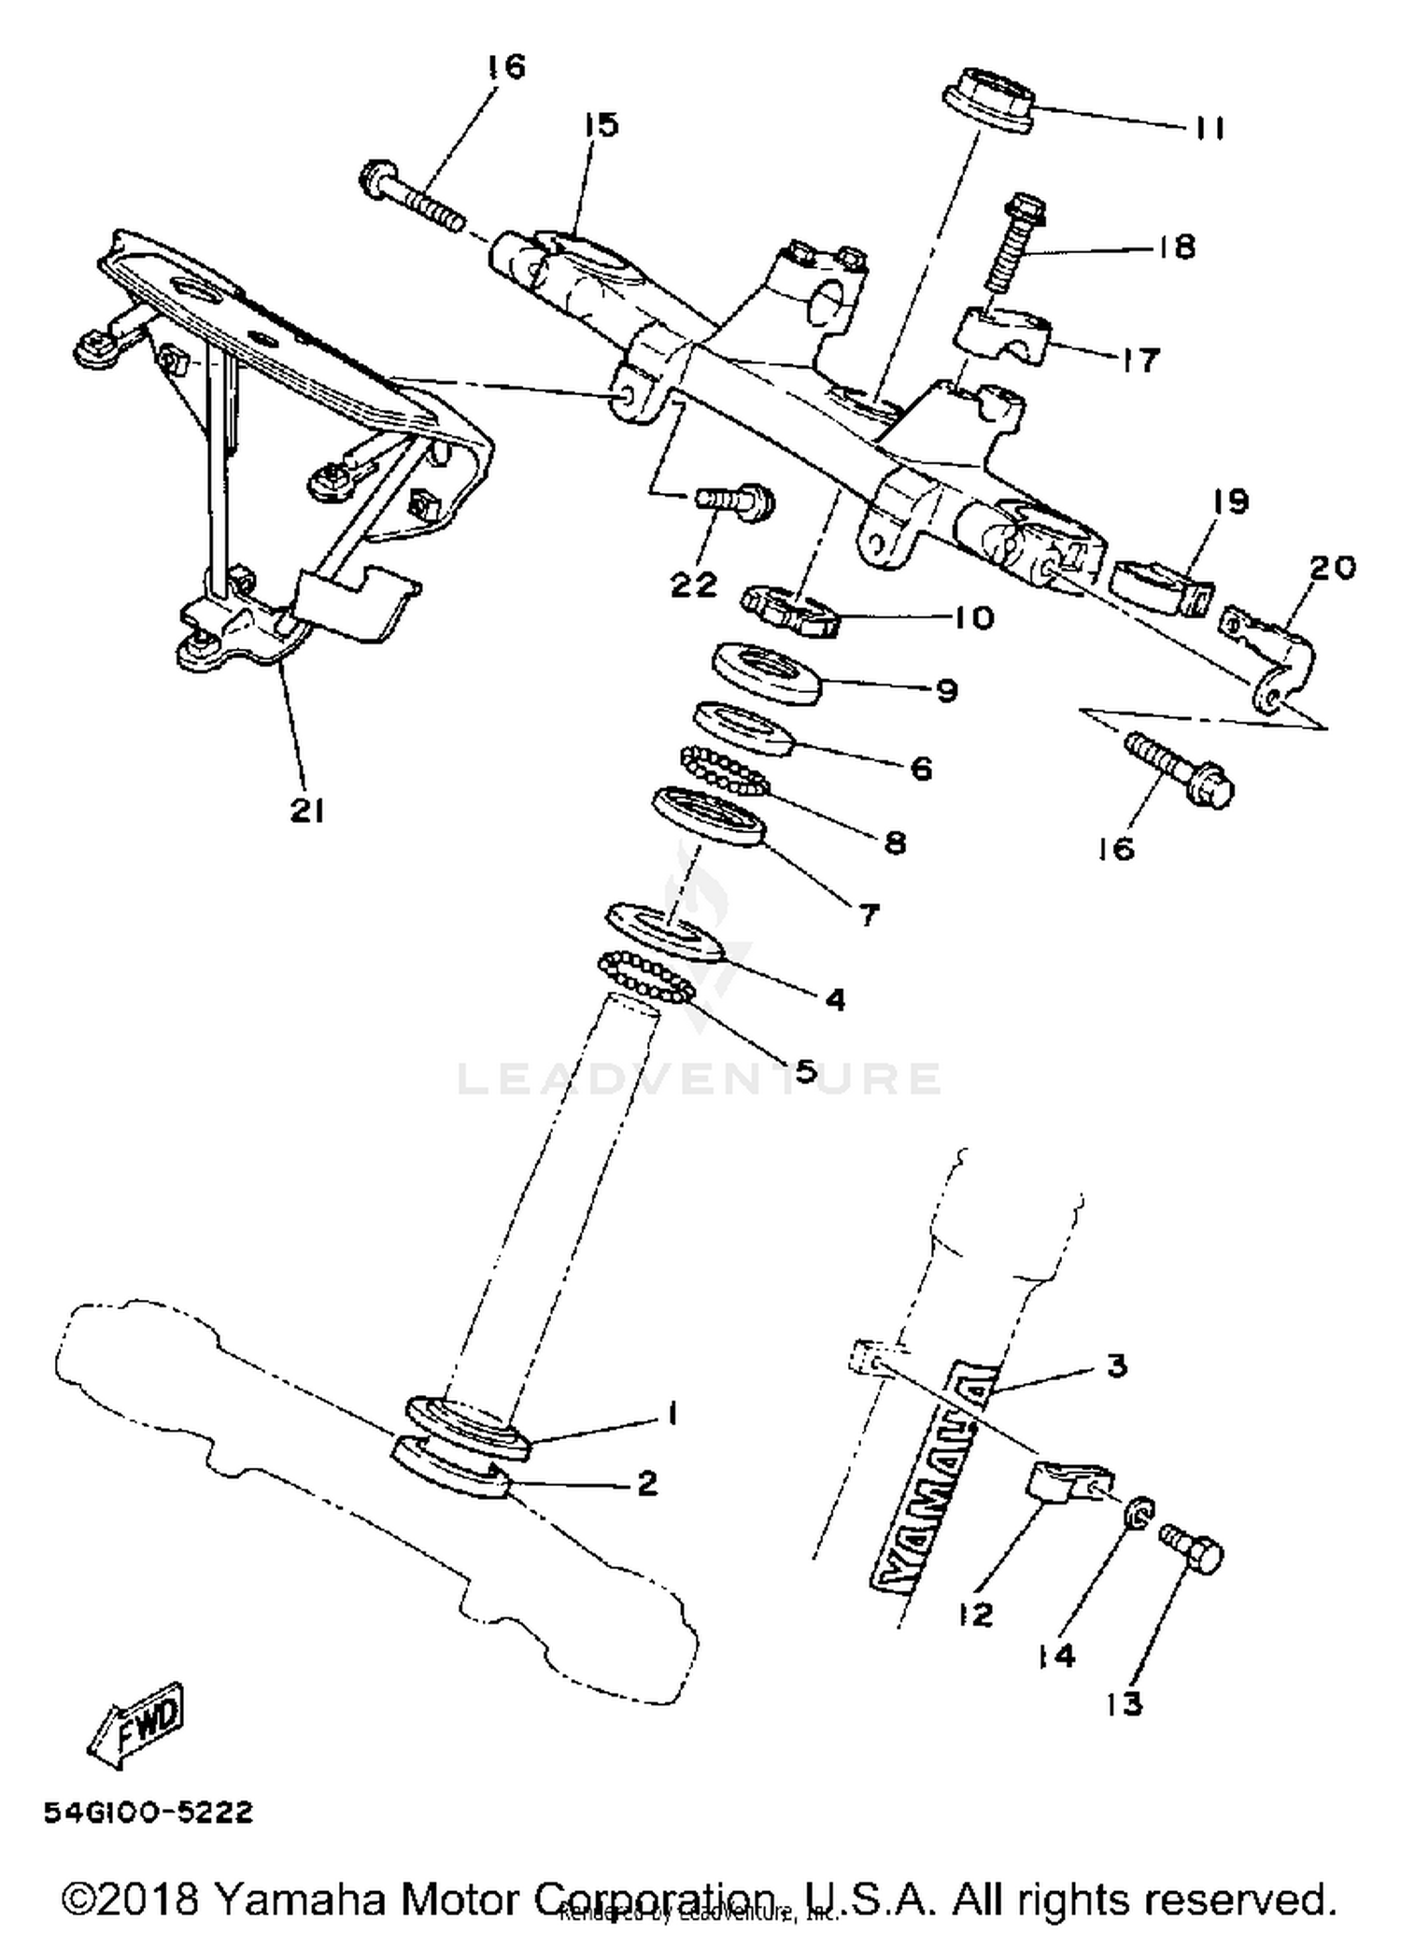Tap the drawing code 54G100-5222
pos(149,1814)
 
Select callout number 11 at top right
pos(1210,127)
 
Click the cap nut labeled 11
pos(989,99)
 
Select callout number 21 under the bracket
pos(306,811)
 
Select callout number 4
pos(835,999)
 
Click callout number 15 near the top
pos(602,124)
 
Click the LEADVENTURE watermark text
pos(699,1079)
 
